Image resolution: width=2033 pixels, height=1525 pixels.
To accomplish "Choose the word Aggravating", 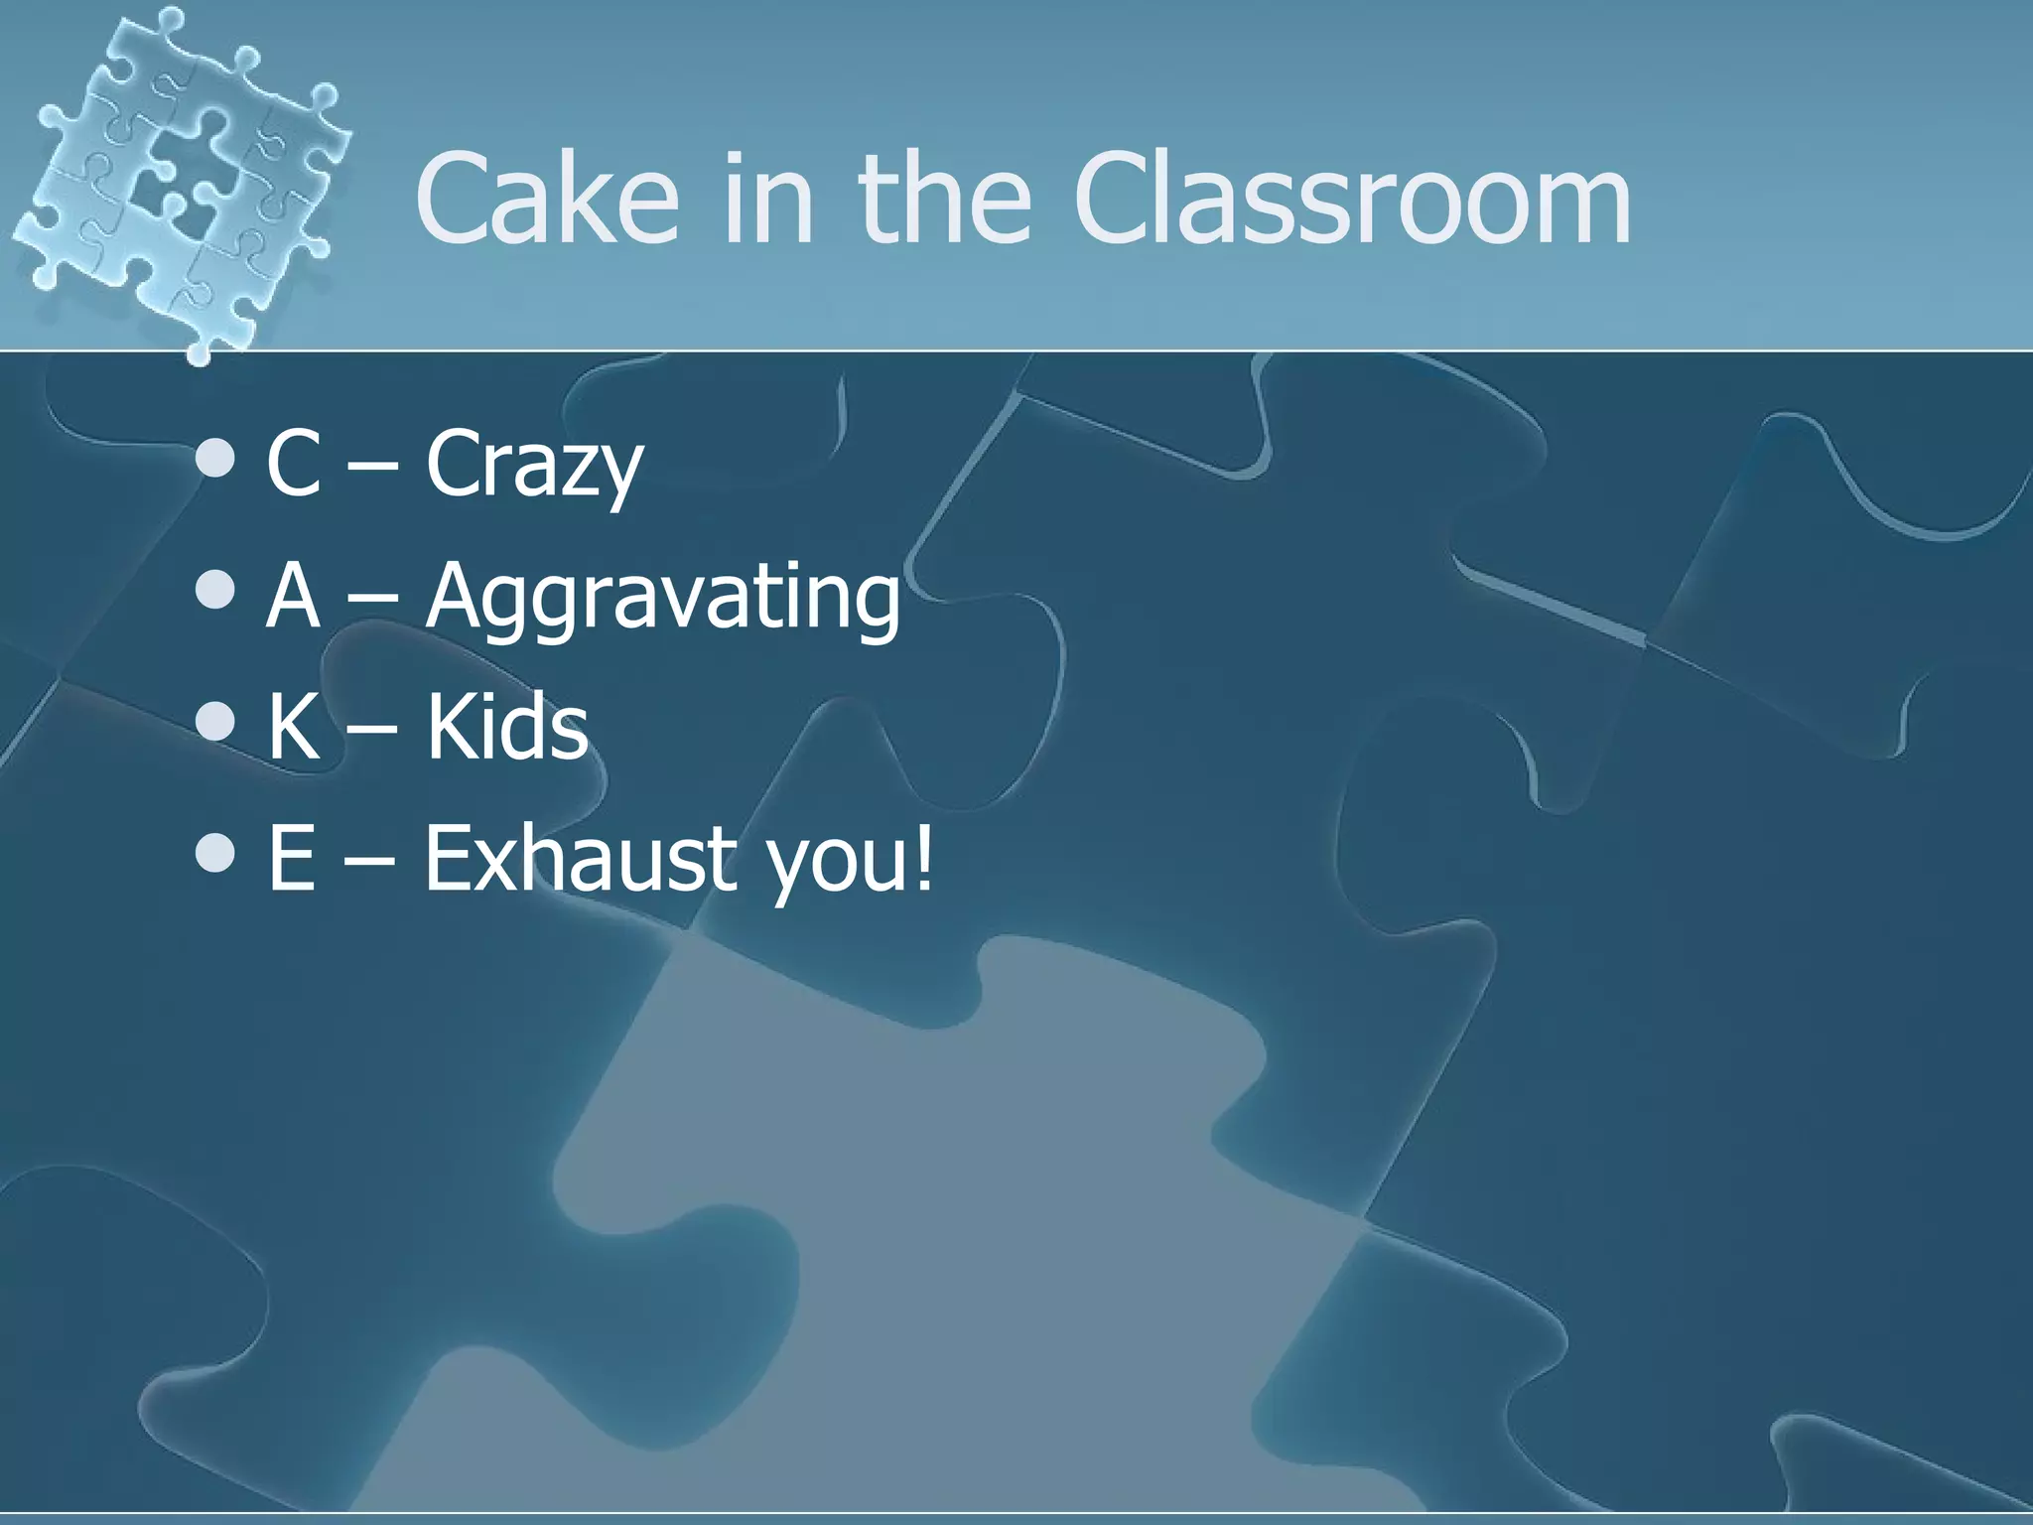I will [663, 598].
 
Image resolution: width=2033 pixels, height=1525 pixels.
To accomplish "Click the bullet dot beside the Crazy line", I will [215, 459].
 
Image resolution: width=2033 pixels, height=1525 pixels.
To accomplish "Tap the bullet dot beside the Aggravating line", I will [215, 591].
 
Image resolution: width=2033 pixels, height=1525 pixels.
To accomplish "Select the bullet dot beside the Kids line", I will [215, 722].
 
